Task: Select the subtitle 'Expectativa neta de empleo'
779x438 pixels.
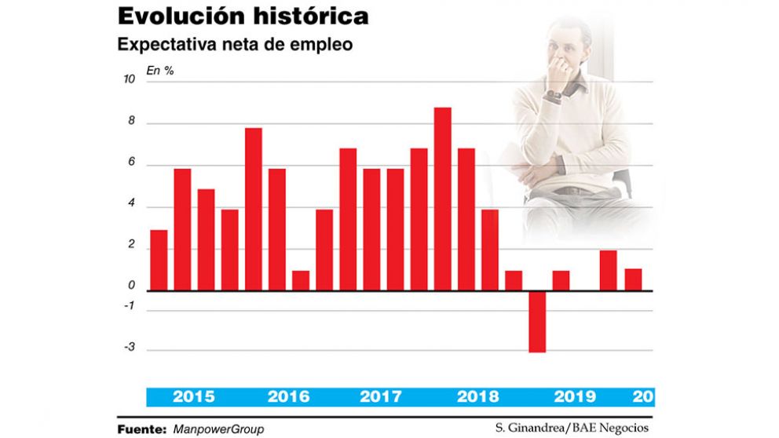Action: tap(235, 45)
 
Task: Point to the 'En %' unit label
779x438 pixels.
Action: tap(160, 71)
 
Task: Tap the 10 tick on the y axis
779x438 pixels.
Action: tap(130, 80)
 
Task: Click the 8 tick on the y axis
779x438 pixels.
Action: tap(131, 122)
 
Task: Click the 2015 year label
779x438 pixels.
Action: tap(194, 397)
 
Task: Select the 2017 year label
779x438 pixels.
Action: tap(382, 397)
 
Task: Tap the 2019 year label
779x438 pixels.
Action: tap(574, 397)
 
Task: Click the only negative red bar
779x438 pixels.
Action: tap(537, 322)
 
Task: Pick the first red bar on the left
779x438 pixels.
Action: tap(159, 260)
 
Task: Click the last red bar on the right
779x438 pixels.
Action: tap(633, 279)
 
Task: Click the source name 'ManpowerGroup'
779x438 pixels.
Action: tap(218, 429)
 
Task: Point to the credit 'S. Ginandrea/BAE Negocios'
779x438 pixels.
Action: tap(572, 428)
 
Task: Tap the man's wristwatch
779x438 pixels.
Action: tap(554, 96)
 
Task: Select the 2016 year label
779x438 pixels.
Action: tap(288, 397)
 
